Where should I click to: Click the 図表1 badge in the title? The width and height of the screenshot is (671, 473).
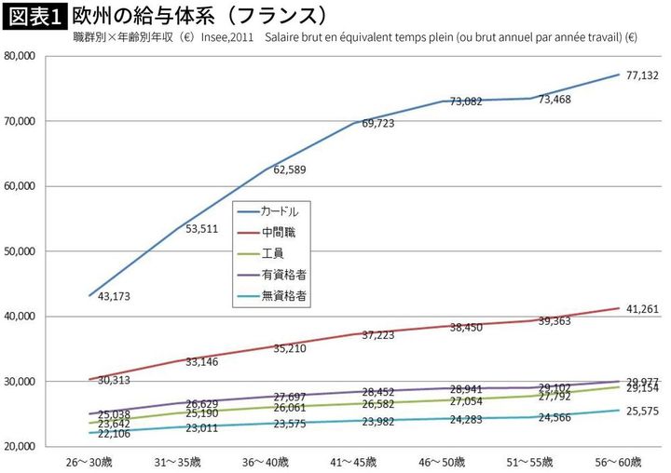click(x=34, y=16)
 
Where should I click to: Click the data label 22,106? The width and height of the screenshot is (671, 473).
click(x=112, y=433)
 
